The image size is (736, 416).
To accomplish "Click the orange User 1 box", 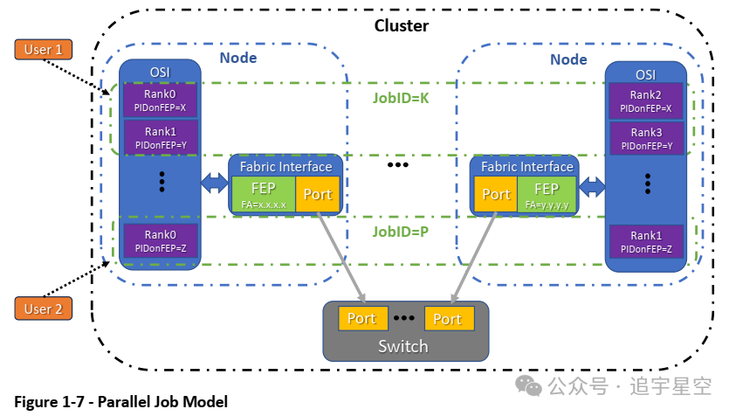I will (x=43, y=50).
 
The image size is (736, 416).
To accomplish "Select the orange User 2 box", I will (x=43, y=309).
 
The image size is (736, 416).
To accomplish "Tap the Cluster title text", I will (x=402, y=25).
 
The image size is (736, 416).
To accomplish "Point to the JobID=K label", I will (x=401, y=99).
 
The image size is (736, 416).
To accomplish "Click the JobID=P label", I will (x=401, y=232).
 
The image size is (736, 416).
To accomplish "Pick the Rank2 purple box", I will (x=645, y=101).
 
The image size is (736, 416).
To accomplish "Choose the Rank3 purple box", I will (x=645, y=138).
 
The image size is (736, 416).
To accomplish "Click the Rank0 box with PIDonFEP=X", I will (x=160, y=101).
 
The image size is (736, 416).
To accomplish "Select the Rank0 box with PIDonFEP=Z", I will (x=160, y=241).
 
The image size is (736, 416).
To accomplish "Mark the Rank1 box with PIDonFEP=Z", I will (x=645, y=242).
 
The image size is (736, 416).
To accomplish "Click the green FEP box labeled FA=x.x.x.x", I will (x=264, y=194).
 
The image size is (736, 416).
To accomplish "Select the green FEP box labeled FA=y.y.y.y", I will (x=547, y=194).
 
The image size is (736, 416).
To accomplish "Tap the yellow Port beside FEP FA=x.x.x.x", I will (x=318, y=194).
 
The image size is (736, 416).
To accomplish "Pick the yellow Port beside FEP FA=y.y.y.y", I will (x=496, y=194).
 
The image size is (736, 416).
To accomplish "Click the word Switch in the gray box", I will (x=402, y=346).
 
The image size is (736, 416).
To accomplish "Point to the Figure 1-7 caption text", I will (x=121, y=402).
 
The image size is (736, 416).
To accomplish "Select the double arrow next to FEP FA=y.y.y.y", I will (x=593, y=187).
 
